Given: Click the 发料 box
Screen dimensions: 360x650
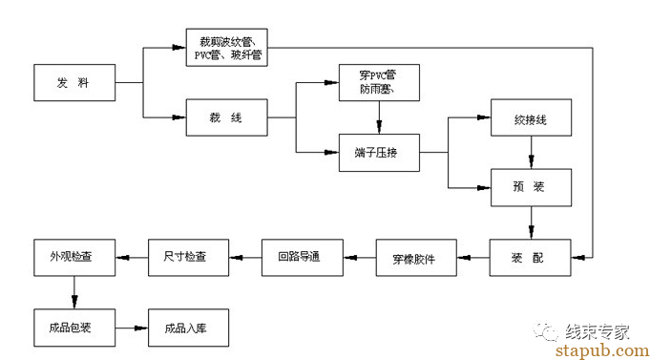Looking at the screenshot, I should tap(73, 83).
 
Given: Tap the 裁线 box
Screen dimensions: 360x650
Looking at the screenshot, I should tap(227, 116).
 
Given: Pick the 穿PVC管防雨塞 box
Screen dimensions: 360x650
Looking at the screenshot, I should tap(379, 82).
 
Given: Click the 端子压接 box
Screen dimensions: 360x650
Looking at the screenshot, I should tap(379, 152).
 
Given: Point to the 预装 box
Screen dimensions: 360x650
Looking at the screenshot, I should tap(531, 187).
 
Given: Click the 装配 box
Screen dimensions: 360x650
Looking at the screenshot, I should tap(531, 258).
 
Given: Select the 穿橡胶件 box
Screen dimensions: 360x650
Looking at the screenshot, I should tap(415, 258).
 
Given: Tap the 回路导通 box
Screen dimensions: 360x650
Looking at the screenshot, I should tap(303, 258).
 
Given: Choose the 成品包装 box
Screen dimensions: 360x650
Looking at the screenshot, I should tap(74, 326).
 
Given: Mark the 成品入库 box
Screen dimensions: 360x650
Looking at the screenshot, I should tap(188, 326).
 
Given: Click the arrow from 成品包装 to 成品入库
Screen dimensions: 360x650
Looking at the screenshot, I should tap(132, 326).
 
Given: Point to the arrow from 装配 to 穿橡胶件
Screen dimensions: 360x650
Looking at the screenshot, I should tap(473, 258).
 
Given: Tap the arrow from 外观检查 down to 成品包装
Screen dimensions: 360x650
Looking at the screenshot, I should tap(74, 291).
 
